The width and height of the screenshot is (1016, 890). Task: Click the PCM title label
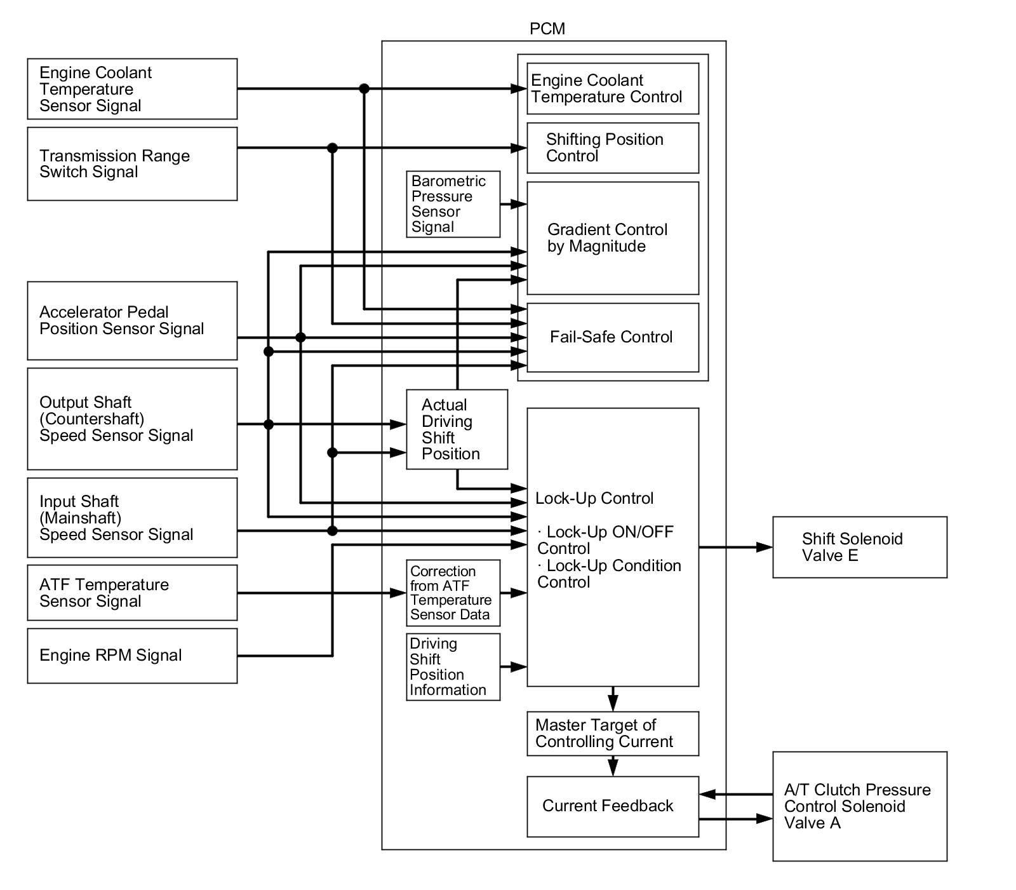click(547, 29)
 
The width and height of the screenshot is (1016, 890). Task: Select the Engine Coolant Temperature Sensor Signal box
click(132, 89)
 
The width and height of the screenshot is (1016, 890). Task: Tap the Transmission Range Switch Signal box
click(132, 164)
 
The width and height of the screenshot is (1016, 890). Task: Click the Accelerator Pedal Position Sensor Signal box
click(132, 321)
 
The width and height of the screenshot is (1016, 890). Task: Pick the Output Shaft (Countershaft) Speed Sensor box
click(132, 419)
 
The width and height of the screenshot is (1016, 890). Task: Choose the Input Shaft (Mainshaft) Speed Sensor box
click(132, 518)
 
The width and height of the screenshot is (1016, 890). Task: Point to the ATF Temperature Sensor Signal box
click(132, 593)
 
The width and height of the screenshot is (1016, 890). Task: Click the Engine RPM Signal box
click(132, 656)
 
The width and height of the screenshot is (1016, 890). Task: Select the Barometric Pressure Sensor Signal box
click(453, 204)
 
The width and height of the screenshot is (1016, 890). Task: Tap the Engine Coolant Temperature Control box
click(613, 89)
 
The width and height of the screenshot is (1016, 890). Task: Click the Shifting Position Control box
click(613, 148)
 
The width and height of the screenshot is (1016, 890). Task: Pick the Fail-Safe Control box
click(613, 337)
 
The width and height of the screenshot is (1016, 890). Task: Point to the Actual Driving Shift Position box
click(457, 429)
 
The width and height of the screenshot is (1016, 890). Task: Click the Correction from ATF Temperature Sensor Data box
click(453, 593)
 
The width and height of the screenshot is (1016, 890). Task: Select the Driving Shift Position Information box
click(453, 667)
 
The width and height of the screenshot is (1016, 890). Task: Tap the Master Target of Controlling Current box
click(613, 734)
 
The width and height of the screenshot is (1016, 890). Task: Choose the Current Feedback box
click(613, 806)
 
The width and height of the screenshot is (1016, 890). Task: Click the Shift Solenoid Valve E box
click(859, 547)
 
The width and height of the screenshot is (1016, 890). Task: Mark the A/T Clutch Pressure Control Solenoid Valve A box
click(859, 806)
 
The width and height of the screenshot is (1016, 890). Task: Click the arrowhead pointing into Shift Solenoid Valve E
click(765, 547)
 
